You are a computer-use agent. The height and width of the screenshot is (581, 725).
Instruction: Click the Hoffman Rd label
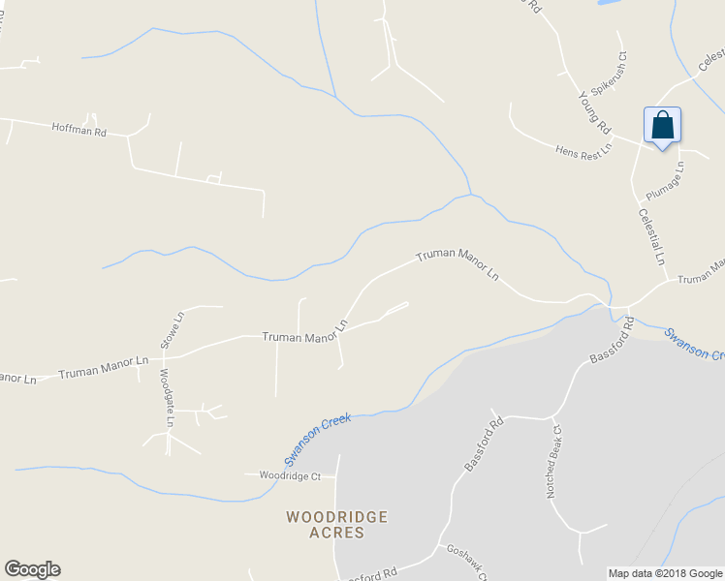(x=79, y=130)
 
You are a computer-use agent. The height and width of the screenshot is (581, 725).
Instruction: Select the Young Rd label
(x=594, y=112)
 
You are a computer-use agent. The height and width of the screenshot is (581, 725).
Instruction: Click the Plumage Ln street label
(x=664, y=179)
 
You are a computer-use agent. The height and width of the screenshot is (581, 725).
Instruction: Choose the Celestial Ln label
(x=651, y=236)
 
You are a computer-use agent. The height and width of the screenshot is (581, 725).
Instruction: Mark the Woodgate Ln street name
(x=166, y=397)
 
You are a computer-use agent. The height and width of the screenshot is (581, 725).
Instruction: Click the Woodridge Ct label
(x=289, y=476)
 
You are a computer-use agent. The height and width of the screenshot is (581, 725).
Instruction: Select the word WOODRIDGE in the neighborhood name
(x=336, y=517)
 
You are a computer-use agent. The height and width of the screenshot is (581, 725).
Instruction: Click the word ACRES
(x=337, y=533)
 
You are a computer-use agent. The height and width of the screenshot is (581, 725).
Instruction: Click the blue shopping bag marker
(x=662, y=126)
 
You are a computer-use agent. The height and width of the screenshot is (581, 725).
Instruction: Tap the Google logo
(x=32, y=569)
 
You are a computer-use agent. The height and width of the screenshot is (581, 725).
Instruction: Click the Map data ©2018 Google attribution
(x=664, y=573)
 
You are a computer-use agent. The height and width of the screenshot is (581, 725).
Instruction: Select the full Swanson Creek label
(x=317, y=438)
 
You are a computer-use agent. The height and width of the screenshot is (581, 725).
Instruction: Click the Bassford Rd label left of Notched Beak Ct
(x=486, y=443)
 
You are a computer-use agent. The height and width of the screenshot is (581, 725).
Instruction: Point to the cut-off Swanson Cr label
(x=694, y=344)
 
